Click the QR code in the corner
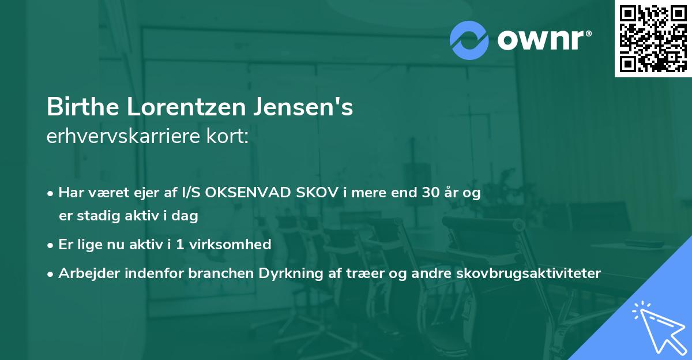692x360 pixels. pyautogui.click(x=653, y=39)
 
